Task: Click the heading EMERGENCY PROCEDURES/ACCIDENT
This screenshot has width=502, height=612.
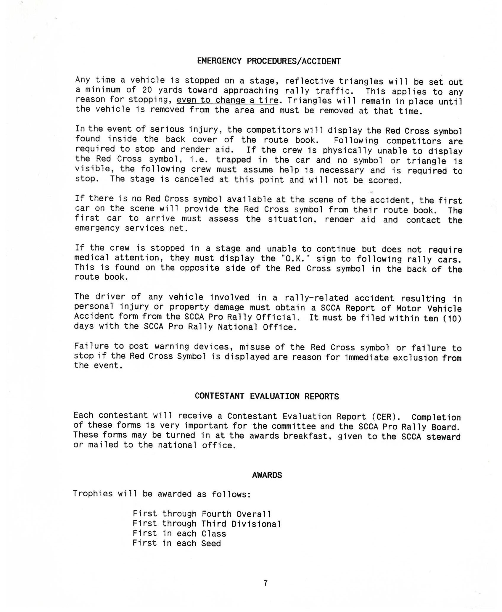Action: click(269, 61)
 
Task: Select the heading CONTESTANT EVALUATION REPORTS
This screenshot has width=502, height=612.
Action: click(267, 396)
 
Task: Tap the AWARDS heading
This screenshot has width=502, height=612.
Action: click(267, 475)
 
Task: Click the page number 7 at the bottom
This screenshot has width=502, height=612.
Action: click(266, 583)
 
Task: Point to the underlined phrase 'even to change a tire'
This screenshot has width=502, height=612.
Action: click(227, 100)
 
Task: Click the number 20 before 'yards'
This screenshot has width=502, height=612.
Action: click(147, 90)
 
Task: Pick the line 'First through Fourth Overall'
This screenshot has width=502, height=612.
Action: click(202, 514)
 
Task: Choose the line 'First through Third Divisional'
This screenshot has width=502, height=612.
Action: click(207, 524)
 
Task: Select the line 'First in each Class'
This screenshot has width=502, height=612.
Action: click(179, 534)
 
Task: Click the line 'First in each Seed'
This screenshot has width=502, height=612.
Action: click(177, 543)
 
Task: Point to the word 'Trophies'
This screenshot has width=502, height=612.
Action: click(93, 494)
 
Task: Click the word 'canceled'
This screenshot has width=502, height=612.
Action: click(194, 180)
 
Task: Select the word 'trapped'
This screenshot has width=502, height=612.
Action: click(234, 160)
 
